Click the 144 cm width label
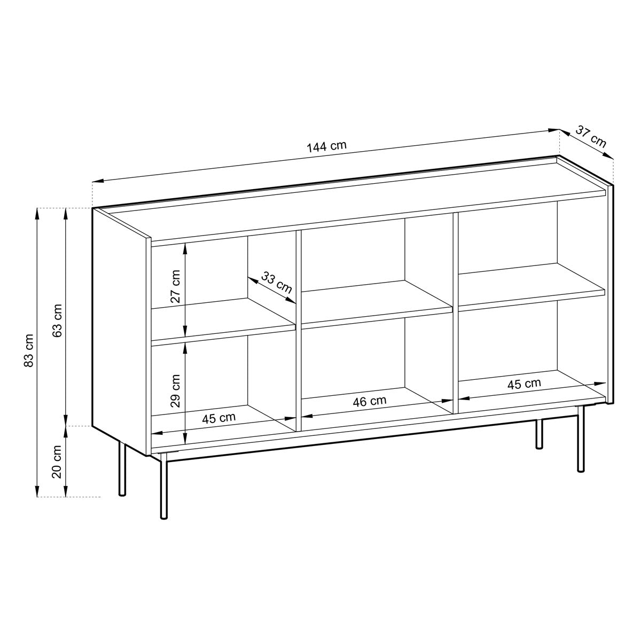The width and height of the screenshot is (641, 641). pos(326,146)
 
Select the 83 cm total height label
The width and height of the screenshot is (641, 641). pos(29,350)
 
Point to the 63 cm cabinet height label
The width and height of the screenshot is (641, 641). pos(58,320)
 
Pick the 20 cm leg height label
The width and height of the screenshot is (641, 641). pos(58,462)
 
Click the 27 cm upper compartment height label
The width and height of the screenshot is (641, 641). pos(175,286)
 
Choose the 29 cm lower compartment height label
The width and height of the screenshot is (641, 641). pos(175,391)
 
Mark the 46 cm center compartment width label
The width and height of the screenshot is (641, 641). pos(370,401)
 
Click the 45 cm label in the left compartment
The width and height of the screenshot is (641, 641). pos(219,418)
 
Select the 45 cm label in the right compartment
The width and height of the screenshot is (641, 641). pos(524,384)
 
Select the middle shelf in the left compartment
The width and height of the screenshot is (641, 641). pos(223,319)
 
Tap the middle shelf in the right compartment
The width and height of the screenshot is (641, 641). pos(531,286)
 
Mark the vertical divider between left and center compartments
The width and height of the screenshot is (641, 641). pos(299,331)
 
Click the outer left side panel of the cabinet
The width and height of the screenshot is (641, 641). pos(120,331)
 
